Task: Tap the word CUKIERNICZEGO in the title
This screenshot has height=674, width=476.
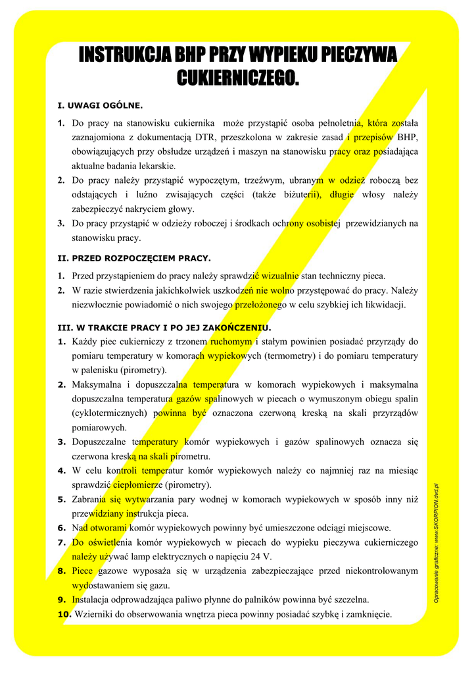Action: click(x=237, y=78)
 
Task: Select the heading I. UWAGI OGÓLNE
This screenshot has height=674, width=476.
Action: click(x=100, y=105)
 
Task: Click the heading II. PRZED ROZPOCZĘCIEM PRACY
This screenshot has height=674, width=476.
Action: click(x=134, y=258)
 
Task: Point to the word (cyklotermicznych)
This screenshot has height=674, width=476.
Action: click(x=109, y=413)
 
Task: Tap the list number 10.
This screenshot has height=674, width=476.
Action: click(x=64, y=614)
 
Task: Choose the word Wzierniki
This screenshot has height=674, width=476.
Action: click(x=97, y=614)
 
